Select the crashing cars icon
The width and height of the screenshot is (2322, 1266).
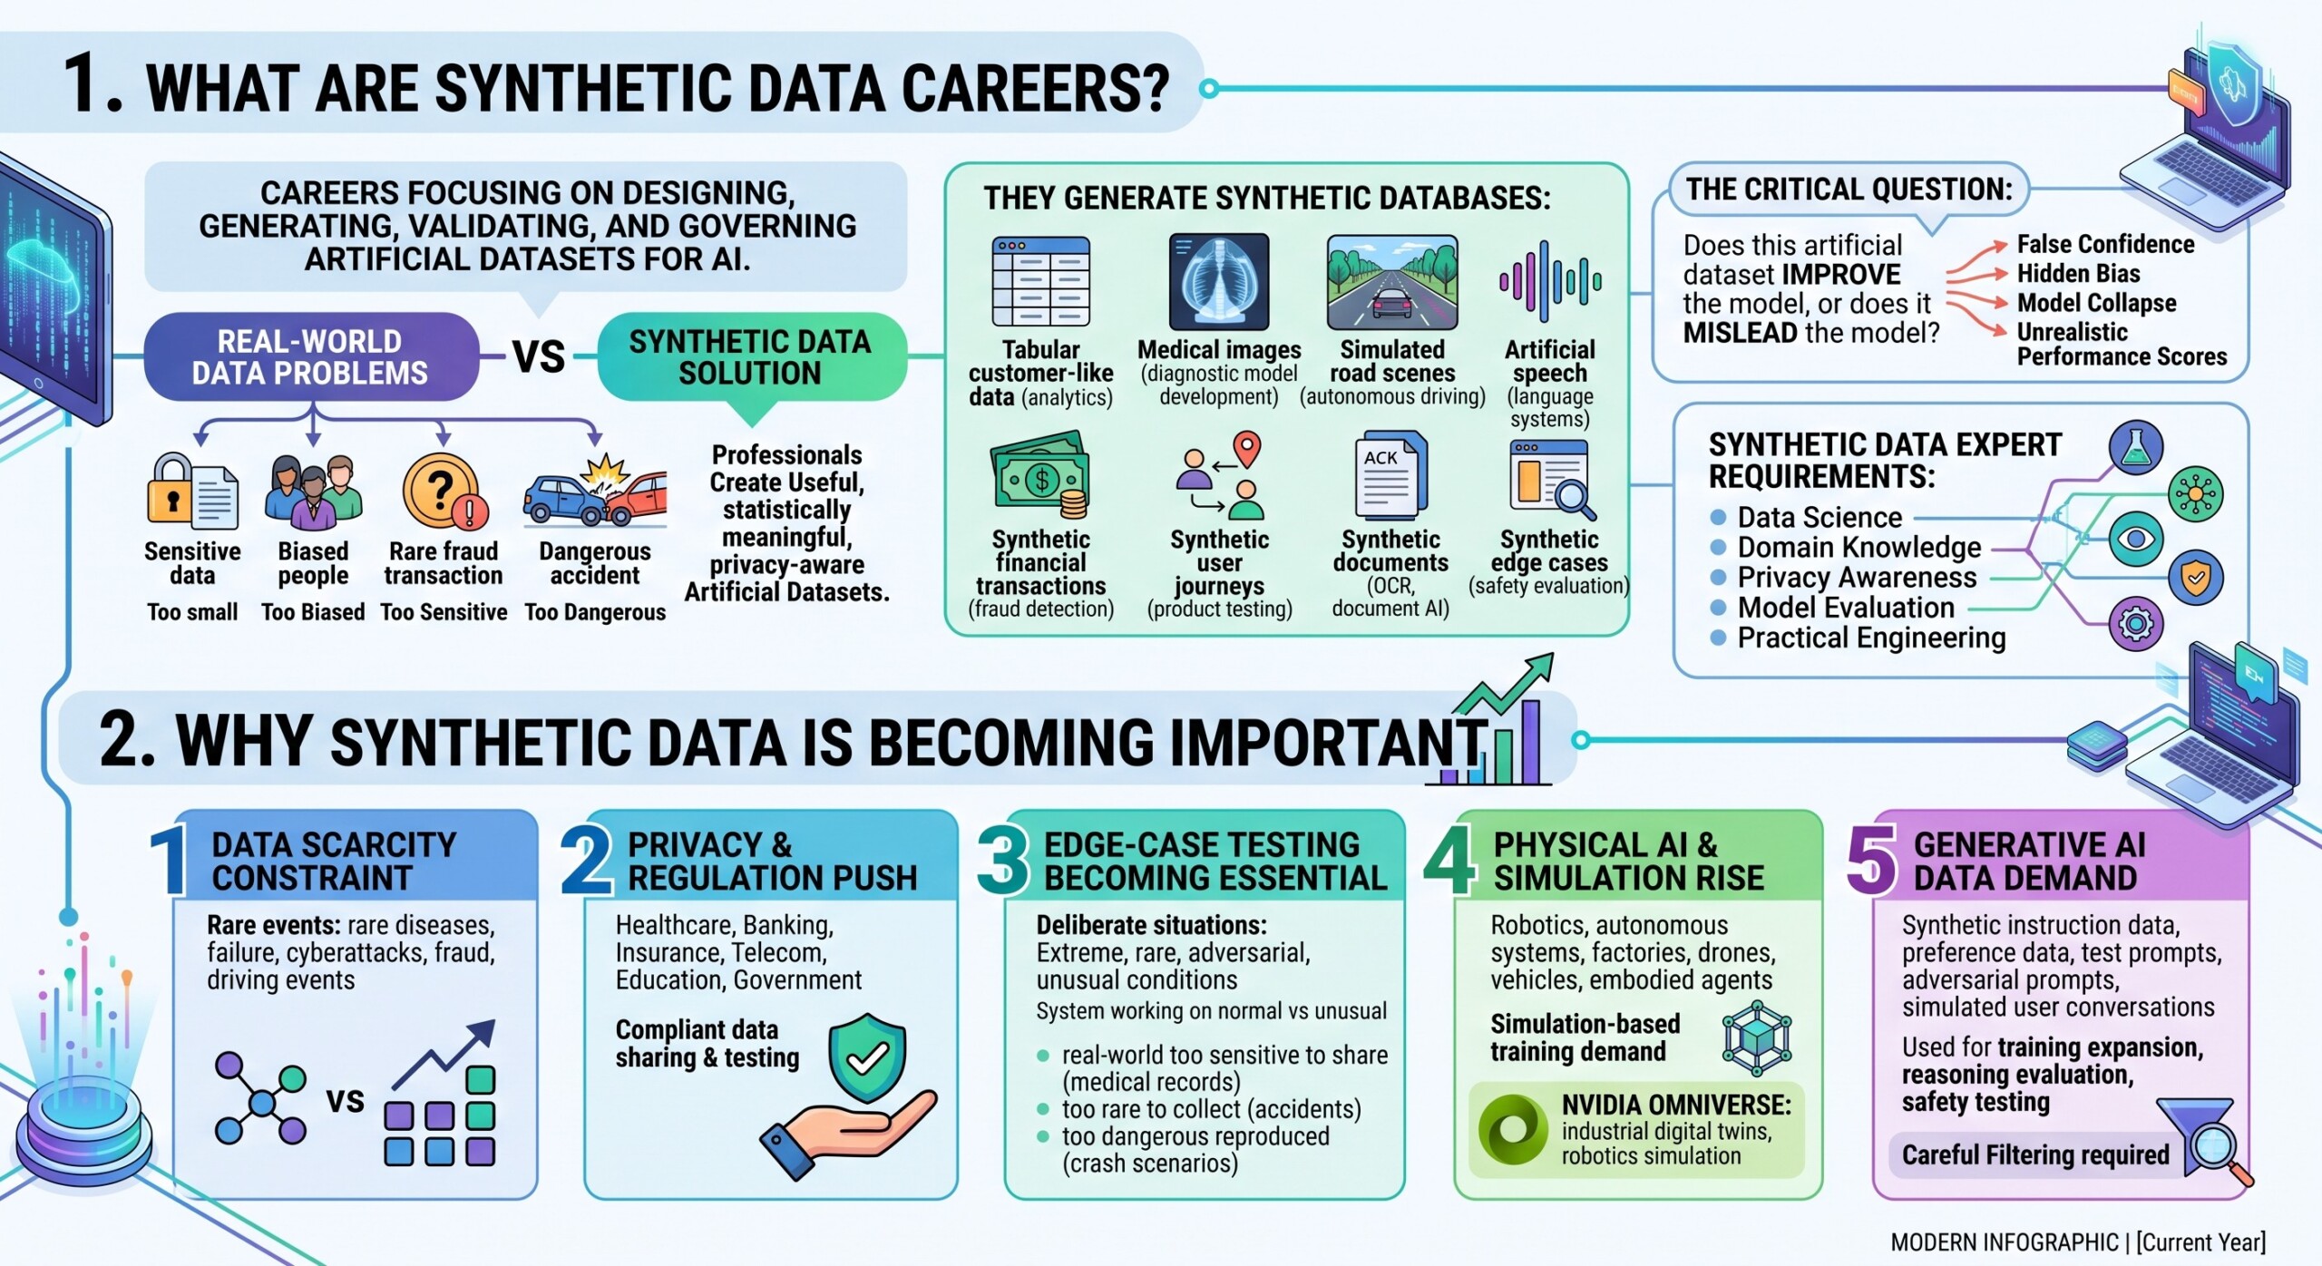[595, 492]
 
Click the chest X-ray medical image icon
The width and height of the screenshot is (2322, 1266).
[1219, 282]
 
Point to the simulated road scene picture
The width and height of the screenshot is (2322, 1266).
[1392, 282]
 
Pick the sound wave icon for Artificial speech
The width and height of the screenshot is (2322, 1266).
[1550, 282]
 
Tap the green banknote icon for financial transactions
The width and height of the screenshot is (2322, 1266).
[1040, 476]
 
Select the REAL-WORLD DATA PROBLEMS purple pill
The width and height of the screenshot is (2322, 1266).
[311, 356]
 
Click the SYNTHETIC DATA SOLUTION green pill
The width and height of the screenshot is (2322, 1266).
[751, 356]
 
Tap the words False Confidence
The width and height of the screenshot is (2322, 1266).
[2105, 244]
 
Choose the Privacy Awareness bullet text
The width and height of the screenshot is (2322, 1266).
[1857, 577]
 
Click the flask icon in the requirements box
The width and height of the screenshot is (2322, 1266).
[2136, 447]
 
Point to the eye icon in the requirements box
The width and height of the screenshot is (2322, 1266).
[2136, 539]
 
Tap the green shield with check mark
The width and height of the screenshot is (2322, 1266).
[867, 1057]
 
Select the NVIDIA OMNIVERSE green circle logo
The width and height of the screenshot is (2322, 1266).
[1513, 1129]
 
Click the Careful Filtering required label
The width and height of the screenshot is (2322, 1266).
[2035, 1154]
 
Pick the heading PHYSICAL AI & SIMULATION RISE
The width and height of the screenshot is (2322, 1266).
[1629, 861]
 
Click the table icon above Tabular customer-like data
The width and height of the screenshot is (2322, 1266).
[1040, 281]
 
